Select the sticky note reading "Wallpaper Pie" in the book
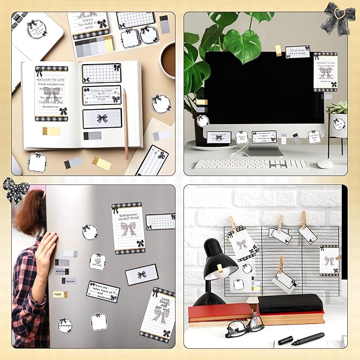tap(51, 93)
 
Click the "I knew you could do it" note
tap(101, 95)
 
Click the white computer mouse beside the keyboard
tap(324, 164)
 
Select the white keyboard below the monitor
tap(250, 164)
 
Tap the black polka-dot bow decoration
tap(15, 189)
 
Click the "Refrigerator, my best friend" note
tap(128, 227)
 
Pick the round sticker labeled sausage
tap(65, 324)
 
